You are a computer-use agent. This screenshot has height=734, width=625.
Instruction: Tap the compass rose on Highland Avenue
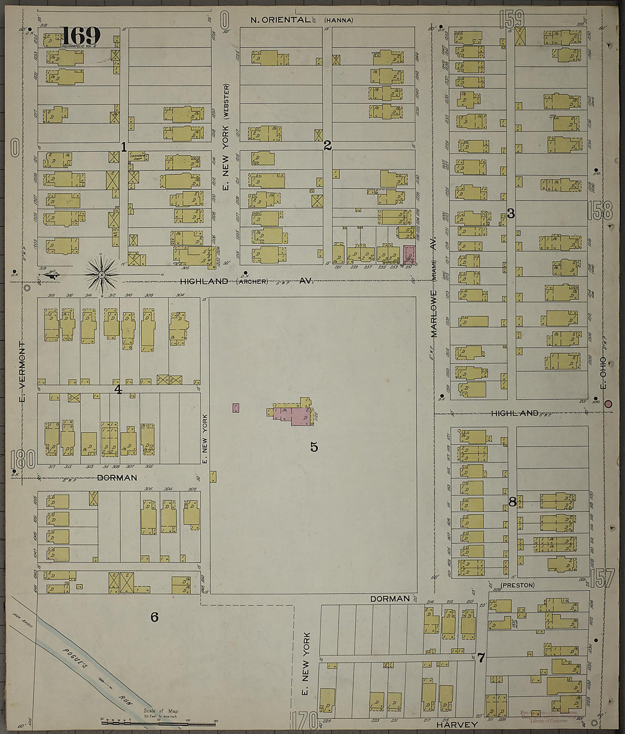[x=102, y=276]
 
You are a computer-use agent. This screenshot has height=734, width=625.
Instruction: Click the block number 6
[x=154, y=617]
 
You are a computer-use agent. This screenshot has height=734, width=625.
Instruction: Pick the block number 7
[x=481, y=658]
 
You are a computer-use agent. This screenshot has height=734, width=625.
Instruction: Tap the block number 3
[x=510, y=214]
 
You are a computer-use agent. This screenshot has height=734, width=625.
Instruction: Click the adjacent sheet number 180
[x=23, y=459]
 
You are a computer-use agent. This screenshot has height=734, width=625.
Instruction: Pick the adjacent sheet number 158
[x=600, y=210]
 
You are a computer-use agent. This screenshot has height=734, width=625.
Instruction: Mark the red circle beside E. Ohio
[x=609, y=404]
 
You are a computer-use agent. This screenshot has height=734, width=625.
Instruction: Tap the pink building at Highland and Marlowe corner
[x=409, y=254]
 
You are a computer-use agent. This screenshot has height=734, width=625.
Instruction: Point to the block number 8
[x=512, y=502]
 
